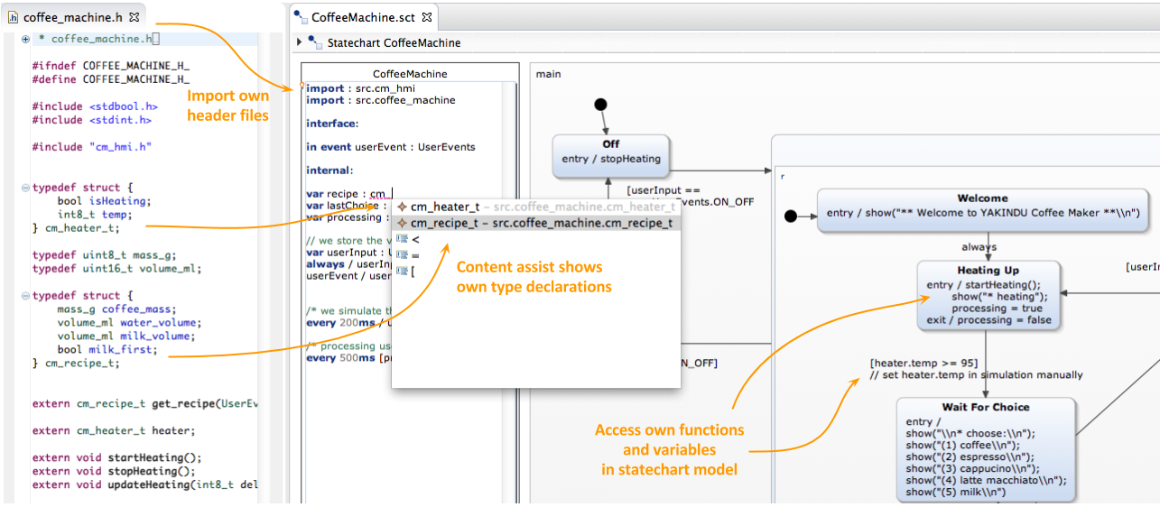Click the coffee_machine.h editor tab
tap(73, 17)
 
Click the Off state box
tap(610, 152)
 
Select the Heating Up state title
tap(988, 271)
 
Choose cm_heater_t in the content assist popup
tap(445, 207)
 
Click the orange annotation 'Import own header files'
tap(227, 106)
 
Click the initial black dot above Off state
tap(600, 105)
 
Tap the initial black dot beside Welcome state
tap(792, 216)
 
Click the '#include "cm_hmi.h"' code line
tap(91, 146)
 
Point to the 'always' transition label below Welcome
tap(979, 246)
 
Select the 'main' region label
tap(549, 74)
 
